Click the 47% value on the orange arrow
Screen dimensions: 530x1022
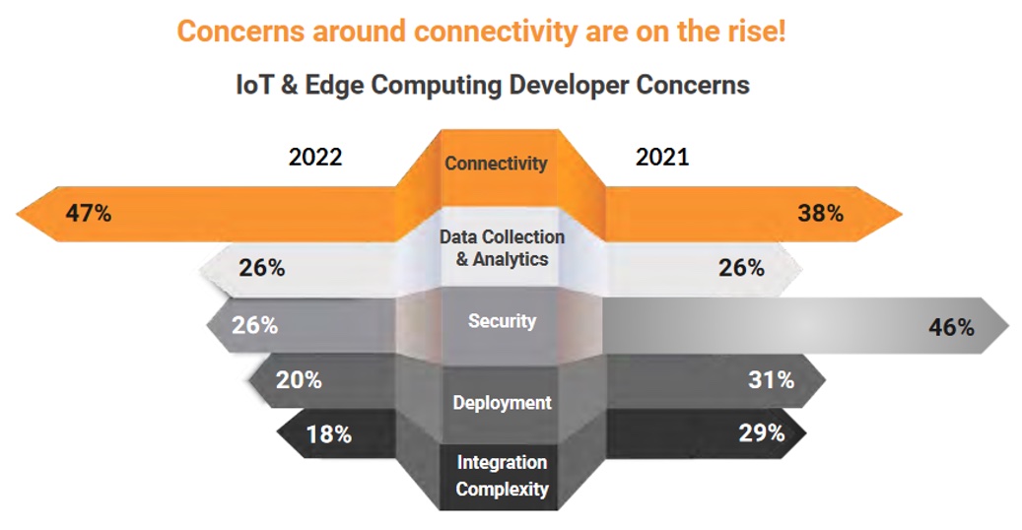[x=88, y=212]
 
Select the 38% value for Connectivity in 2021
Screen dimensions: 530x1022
[x=820, y=212]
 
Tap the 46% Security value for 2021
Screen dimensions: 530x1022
[x=951, y=327]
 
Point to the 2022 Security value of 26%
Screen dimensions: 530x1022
[x=254, y=324]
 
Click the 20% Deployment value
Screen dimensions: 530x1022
[x=299, y=379]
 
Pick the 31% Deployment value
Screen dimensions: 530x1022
[x=771, y=379]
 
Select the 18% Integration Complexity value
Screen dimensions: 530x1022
[x=328, y=433]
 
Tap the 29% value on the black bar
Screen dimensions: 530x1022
[x=762, y=432]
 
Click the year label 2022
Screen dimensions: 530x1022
[x=315, y=158]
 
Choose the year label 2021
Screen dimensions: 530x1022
[x=662, y=158]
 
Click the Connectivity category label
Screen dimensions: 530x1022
[x=496, y=164]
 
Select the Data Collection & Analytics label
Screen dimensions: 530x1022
[x=502, y=248]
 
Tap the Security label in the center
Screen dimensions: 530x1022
[x=502, y=321]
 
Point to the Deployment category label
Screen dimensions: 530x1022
[x=502, y=403]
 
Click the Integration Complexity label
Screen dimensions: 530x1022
[x=502, y=475]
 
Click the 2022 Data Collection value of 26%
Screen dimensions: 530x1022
[x=261, y=267]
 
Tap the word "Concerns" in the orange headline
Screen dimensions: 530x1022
[x=240, y=31]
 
